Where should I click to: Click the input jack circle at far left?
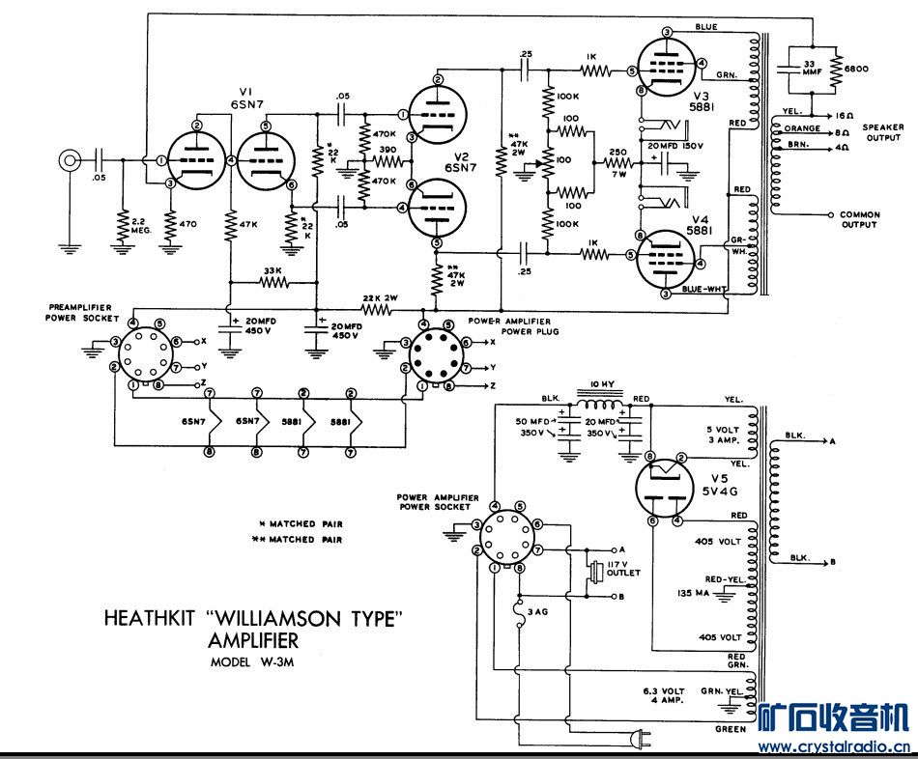pos(68,160)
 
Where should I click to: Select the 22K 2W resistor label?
pos(380,296)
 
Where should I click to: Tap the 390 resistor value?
pos(387,150)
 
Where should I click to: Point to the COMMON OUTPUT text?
pos(859,219)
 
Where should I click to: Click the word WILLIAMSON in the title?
pos(314,619)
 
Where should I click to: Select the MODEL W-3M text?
pos(259,662)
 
